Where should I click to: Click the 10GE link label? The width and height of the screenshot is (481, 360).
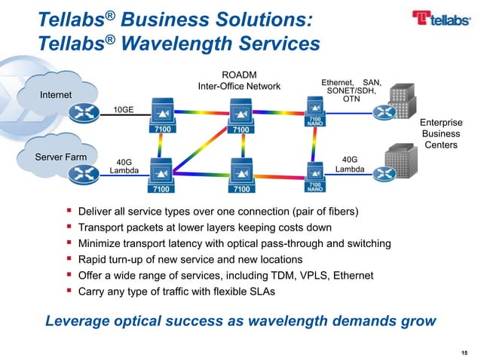coord(123,109)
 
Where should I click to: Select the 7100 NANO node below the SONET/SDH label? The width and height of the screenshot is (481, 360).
coord(314,111)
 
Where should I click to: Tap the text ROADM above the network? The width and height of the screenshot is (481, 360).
coord(237,75)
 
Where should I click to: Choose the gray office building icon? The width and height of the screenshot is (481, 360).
coord(401,163)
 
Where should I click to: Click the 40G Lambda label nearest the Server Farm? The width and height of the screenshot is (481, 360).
coord(124,166)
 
